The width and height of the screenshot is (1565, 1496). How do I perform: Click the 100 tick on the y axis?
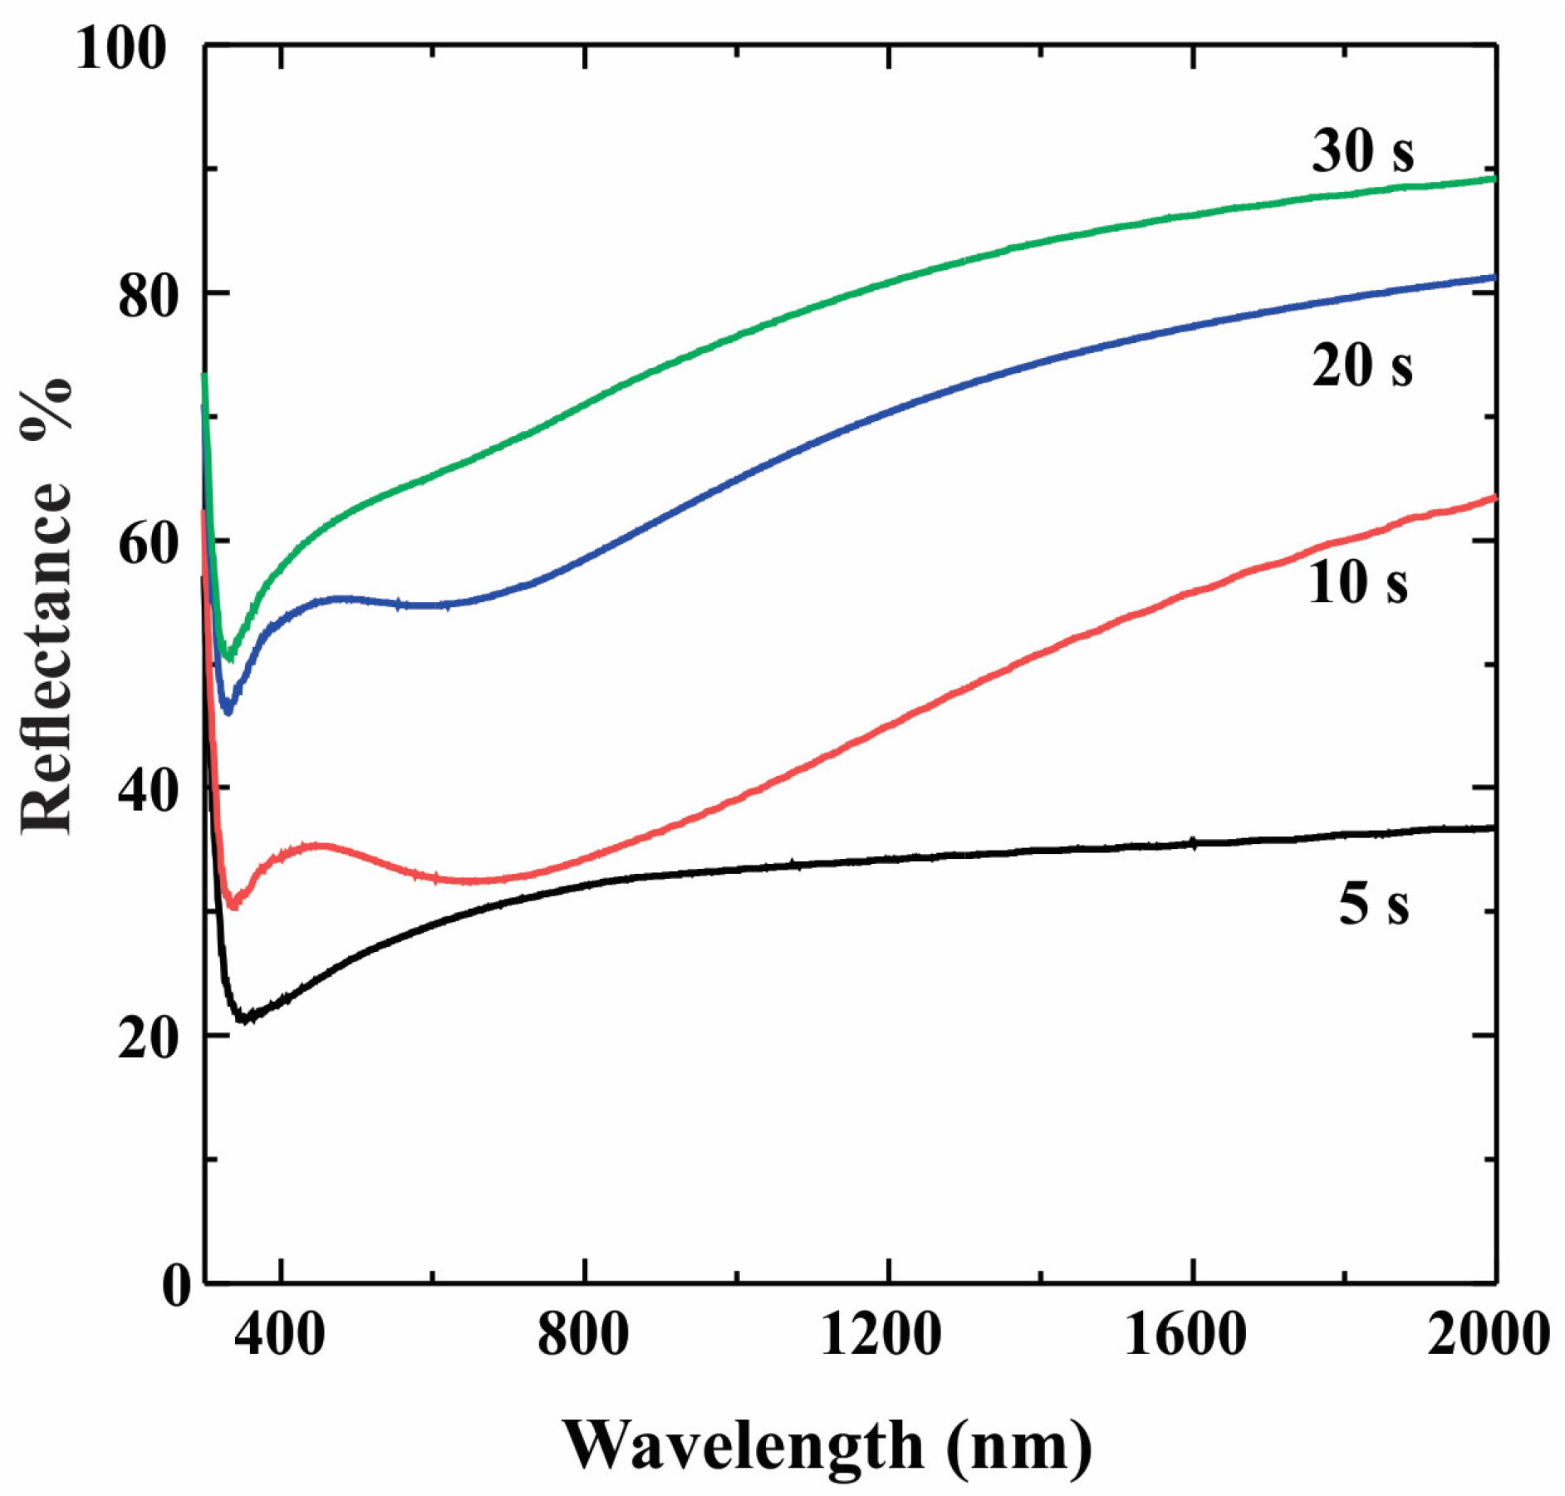[x=121, y=48]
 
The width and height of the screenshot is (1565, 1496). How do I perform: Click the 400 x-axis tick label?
[x=279, y=1334]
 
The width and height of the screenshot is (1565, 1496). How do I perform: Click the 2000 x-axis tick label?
[x=1487, y=1334]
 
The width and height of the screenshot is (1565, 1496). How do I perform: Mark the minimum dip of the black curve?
[x=243, y=1018]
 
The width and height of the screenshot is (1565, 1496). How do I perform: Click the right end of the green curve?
[x=1494, y=179]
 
